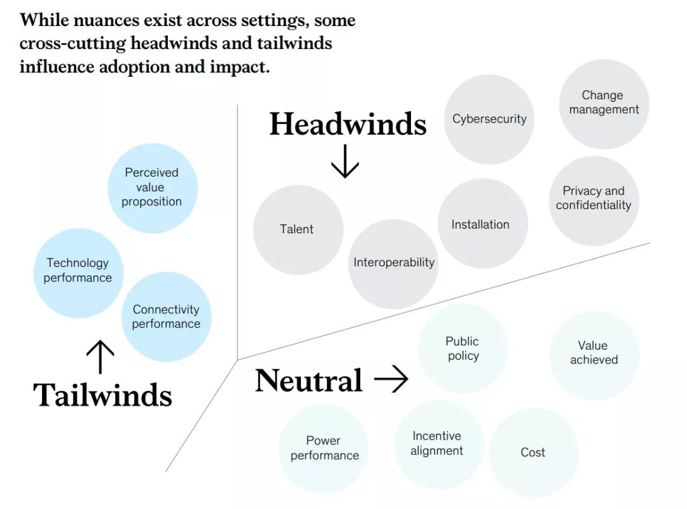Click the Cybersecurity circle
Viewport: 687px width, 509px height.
click(x=489, y=119)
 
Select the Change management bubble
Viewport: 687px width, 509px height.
click(x=604, y=104)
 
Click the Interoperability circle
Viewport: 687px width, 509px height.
click(x=393, y=263)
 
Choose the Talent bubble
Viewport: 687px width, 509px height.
click(x=298, y=229)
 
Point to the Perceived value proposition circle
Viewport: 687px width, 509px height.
click(x=152, y=188)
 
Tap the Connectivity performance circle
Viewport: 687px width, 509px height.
click(x=166, y=316)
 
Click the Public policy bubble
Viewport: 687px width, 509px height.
click(x=462, y=348)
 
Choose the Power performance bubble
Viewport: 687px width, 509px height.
click(x=324, y=449)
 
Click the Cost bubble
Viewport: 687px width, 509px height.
click(x=533, y=452)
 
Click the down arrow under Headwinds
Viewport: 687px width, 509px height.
click(x=345, y=161)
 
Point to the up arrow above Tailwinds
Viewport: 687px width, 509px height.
click(x=100, y=356)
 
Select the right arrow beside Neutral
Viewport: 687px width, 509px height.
click(x=391, y=380)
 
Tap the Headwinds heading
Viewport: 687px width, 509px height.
click(x=348, y=124)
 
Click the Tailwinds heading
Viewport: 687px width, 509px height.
click(x=102, y=395)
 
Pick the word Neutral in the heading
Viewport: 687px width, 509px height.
click(x=309, y=381)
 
